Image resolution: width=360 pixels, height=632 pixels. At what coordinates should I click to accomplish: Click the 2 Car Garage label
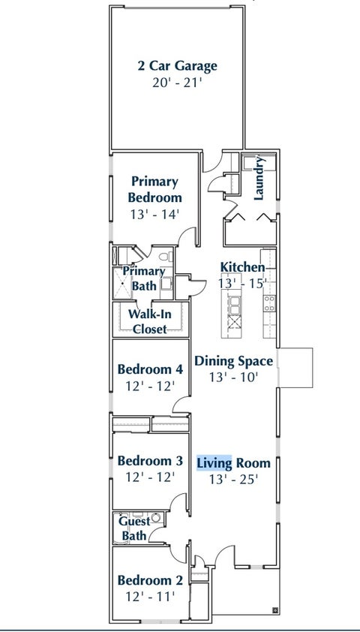(x=177, y=66)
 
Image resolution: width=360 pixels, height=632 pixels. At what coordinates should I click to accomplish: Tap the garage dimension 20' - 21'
(x=177, y=83)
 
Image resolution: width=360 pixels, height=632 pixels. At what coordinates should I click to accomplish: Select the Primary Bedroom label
(x=154, y=189)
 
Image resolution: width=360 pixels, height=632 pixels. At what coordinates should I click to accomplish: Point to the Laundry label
(x=259, y=178)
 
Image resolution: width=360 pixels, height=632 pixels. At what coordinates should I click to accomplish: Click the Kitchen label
(x=242, y=266)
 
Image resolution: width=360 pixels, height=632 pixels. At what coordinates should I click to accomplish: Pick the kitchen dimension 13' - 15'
(x=242, y=283)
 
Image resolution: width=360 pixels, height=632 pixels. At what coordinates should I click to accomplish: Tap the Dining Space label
(x=233, y=361)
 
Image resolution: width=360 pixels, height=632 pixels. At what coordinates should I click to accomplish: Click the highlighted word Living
(x=214, y=463)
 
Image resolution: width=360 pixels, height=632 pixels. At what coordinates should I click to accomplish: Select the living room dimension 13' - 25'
(x=233, y=479)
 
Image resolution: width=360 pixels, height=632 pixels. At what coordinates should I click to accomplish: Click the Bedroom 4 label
(x=150, y=369)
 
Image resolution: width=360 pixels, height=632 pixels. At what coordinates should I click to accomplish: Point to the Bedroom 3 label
(x=150, y=460)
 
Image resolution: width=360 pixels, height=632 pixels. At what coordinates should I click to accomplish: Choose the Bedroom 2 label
(x=150, y=580)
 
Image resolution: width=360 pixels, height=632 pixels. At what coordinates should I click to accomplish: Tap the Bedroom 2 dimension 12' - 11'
(x=150, y=596)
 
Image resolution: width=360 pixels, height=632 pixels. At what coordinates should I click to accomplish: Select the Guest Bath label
(x=134, y=528)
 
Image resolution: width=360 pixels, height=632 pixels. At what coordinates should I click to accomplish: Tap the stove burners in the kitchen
(x=269, y=303)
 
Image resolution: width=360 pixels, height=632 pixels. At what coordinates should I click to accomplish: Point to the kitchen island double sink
(x=234, y=305)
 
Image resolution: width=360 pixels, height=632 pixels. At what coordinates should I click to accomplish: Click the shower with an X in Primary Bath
(x=122, y=283)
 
